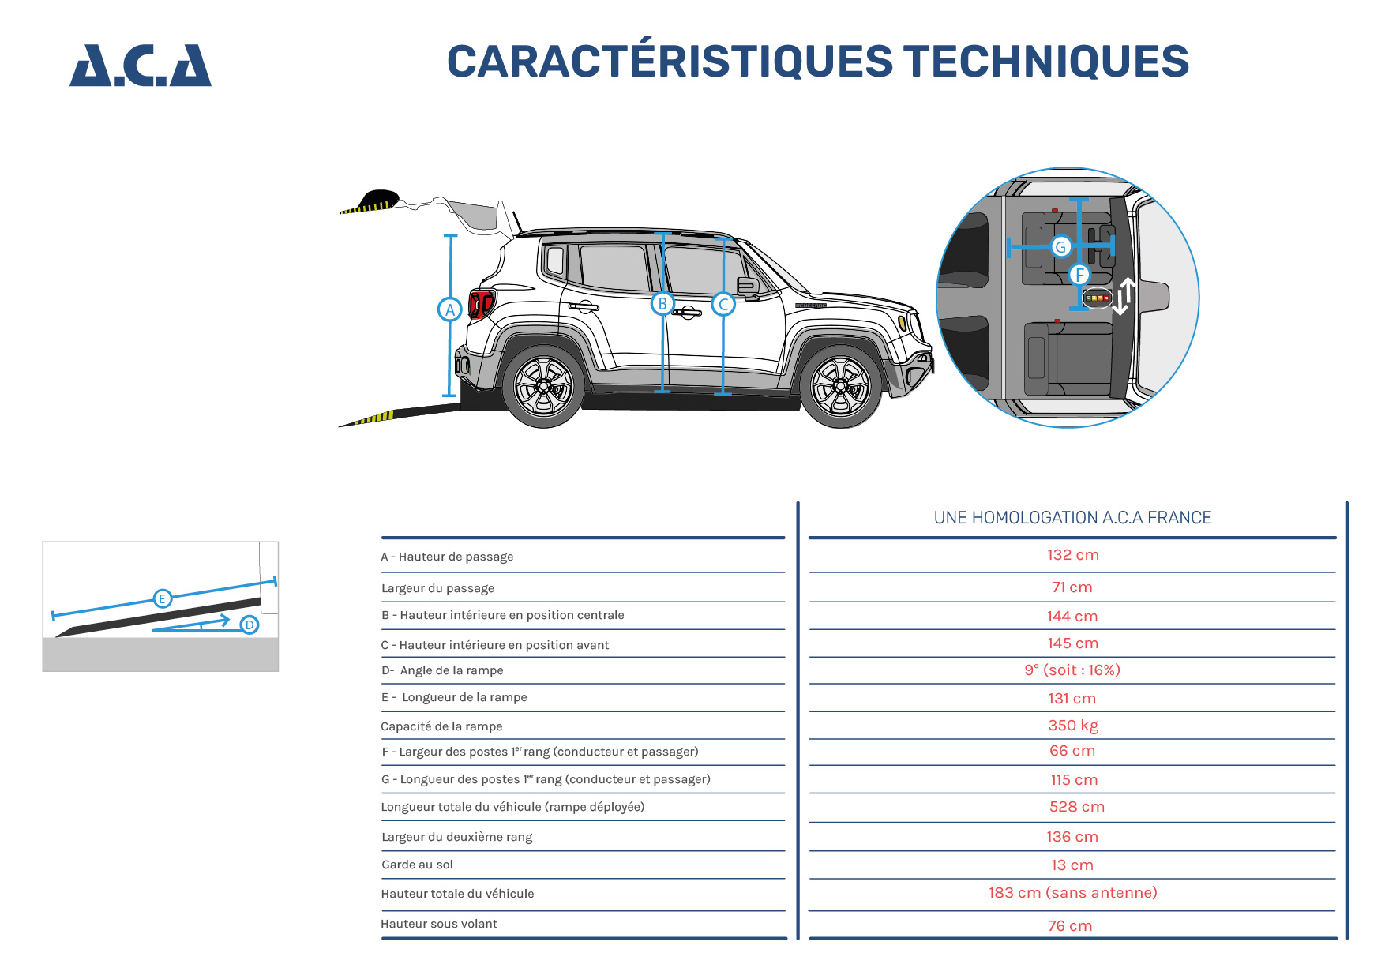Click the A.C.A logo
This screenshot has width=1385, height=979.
click(141, 66)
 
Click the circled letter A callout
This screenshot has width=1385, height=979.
click(449, 309)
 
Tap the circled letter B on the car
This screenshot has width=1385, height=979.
click(662, 303)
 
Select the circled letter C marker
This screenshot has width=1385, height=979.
click(723, 304)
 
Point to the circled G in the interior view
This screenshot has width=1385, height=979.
click(1060, 247)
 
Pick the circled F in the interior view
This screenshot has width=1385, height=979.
click(1079, 275)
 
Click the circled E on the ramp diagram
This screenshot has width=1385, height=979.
click(162, 598)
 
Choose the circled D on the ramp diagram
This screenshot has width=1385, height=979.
click(250, 625)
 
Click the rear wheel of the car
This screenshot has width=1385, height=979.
click(543, 387)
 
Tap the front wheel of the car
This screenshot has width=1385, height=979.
click(840, 387)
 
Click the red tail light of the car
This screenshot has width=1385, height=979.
click(480, 302)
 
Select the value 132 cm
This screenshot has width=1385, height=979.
click(1072, 555)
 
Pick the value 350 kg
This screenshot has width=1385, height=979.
click(1072, 726)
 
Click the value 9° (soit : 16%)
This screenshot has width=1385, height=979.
click(1072, 670)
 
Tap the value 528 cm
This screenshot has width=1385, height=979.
click(1076, 807)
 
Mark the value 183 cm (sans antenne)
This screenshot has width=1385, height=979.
click(1072, 893)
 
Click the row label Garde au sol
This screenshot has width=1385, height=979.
click(417, 865)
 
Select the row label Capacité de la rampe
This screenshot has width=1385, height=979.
click(441, 726)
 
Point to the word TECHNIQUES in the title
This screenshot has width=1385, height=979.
click(1045, 62)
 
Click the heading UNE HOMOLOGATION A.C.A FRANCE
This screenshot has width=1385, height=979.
click(1072, 518)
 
